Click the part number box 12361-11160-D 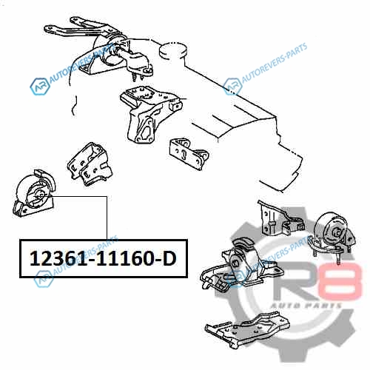[104, 258]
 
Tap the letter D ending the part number [169, 259]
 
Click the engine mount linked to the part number [33, 194]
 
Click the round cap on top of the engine [173, 51]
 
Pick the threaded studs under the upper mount [138, 76]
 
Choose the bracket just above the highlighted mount [90, 164]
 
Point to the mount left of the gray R [240, 265]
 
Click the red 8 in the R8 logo [340, 280]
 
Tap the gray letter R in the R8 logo [294, 281]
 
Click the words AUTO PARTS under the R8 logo [306, 306]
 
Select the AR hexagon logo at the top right [232, 87]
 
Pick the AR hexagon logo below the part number [44, 279]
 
